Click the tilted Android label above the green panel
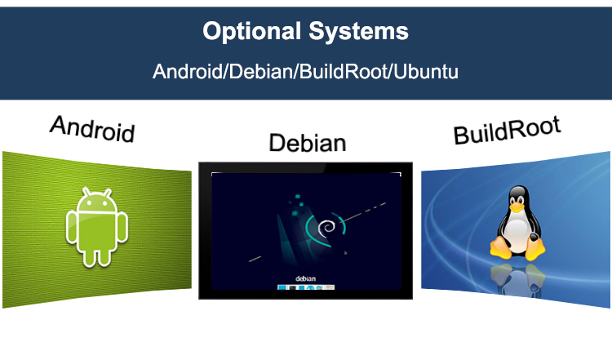pyautogui.click(x=91, y=129)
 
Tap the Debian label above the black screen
pyautogui.click(x=307, y=144)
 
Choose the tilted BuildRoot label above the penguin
pyautogui.click(x=508, y=130)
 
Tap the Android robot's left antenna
pyautogui.click(x=86, y=191)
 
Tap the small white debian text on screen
pyautogui.click(x=305, y=278)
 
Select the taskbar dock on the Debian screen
pyautogui.click(x=306, y=288)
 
